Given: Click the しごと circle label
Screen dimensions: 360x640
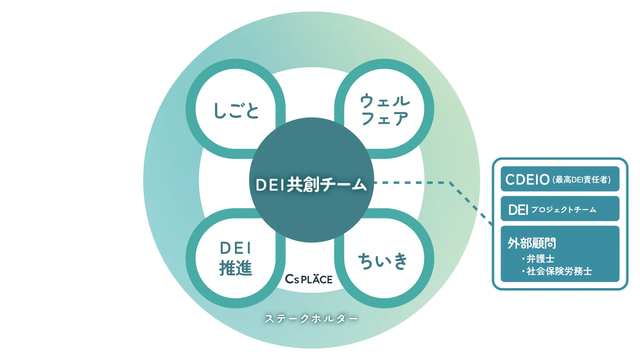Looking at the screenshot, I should [x=236, y=111].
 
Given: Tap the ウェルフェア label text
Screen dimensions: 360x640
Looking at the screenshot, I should [x=384, y=109].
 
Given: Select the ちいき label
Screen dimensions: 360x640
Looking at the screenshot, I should [x=383, y=261].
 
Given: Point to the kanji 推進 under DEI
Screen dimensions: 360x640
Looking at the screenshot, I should [x=236, y=268].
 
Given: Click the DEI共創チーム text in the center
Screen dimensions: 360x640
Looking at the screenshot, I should [x=311, y=184].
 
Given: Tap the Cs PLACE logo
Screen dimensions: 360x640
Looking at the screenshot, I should [x=309, y=279].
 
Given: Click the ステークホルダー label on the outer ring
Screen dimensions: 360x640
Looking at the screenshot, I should [x=311, y=318].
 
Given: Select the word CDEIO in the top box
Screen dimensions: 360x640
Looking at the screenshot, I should [x=527, y=180].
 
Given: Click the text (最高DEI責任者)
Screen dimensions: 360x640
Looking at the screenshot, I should [x=581, y=180].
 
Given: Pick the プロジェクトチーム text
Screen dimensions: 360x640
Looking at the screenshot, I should [x=563, y=210].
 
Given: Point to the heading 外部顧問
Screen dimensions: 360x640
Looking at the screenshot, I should [x=532, y=243].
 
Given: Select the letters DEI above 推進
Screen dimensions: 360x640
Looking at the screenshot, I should [x=236, y=248].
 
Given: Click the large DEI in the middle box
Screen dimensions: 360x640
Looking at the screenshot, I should [x=518, y=210].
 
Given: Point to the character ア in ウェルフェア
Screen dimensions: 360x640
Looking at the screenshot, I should [x=400, y=118].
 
